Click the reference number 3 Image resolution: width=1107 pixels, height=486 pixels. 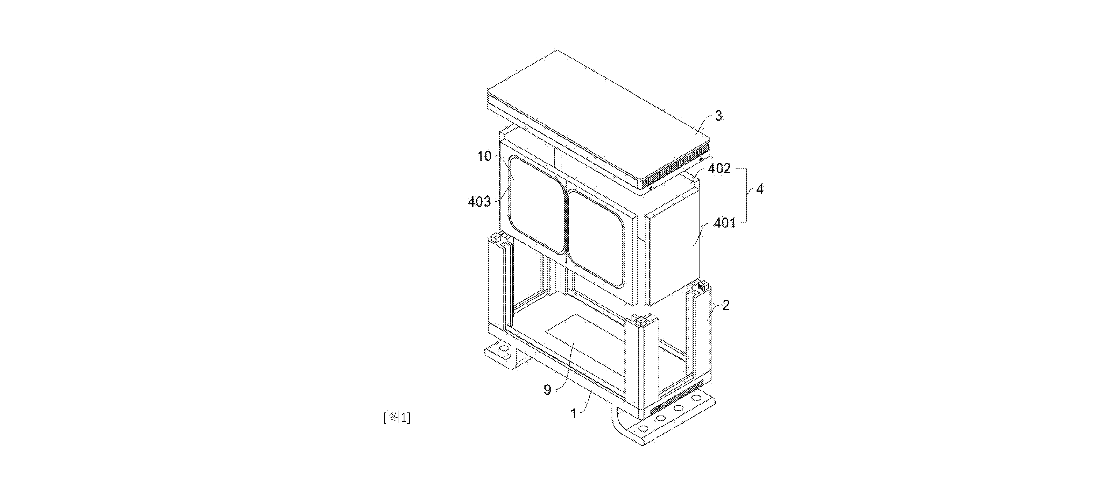[x=718, y=116]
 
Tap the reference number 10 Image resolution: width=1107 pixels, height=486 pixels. [x=484, y=156]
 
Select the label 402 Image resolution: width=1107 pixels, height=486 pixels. [x=719, y=168]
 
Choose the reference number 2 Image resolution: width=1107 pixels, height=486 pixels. [x=726, y=305]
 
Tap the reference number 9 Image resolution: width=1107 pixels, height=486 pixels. [x=547, y=390]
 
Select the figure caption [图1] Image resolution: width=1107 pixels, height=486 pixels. [x=397, y=417]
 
